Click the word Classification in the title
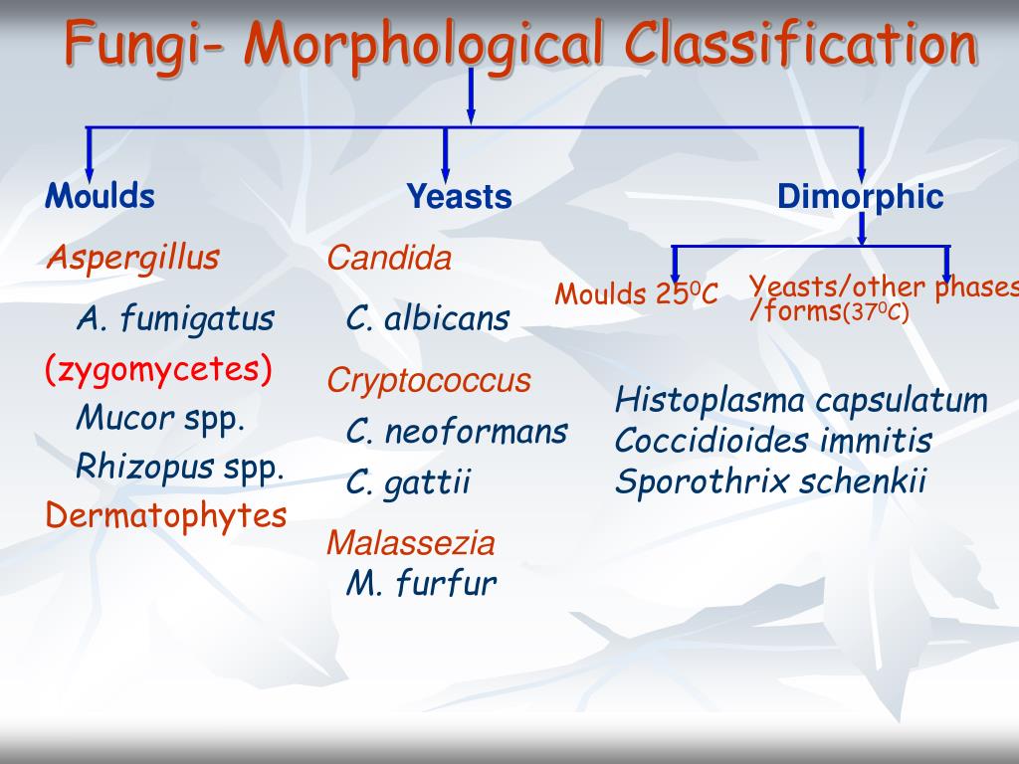click(x=800, y=44)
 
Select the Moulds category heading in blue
click(x=100, y=196)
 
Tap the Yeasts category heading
click(x=459, y=197)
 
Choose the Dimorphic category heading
click(x=860, y=197)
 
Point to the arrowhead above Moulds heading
click(x=89, y=171)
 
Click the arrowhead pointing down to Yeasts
click(x=445, y=171)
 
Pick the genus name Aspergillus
click(x=132, y=259)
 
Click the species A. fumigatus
click(x=175, y=319)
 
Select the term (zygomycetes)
click(x=158, y=370)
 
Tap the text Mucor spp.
click(x=160, y=418)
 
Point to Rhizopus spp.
click(x=180, y=467)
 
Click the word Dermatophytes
click(x=166, y=515)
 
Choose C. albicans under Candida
click(x=428, y=319)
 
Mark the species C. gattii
click(x=408, y=483)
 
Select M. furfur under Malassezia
click(x=421, y=583)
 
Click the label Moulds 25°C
click(x=637, y=294)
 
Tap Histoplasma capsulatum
click(x=801, y=401)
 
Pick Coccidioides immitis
click(x=773, y=441)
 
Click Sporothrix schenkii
click(x=770, y=481)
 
